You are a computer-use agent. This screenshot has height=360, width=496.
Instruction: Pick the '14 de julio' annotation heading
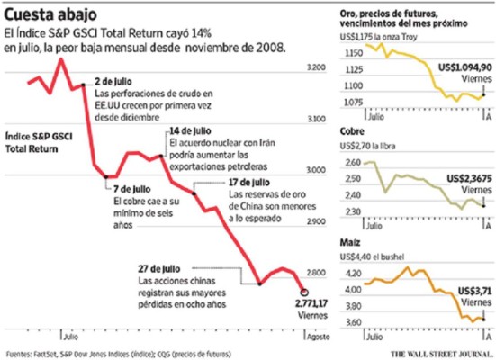tap(189, 131)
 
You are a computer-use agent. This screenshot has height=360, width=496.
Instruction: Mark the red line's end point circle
tap(303, 292)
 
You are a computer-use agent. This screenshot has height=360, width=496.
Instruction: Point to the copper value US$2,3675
tap(464, 178)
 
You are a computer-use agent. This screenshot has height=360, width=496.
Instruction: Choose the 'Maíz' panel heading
tap(348, 241)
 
